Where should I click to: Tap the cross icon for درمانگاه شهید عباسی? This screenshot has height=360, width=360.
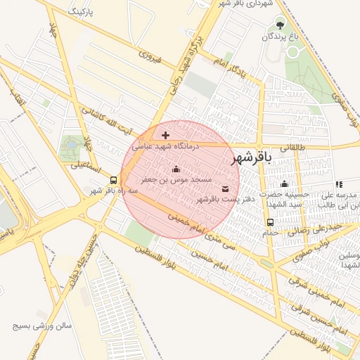click(x=165, y=135)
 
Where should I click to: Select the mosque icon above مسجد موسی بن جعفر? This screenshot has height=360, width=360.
click(x=176, y=169)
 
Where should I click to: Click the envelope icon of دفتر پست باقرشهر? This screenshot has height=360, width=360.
click(x=225, y=188)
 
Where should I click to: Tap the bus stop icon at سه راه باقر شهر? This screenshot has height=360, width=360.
click(x=113, y=180)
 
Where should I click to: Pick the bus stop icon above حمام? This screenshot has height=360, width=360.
click(x=271, y=222)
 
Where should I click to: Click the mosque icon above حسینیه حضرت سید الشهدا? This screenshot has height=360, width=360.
click(x=284, y=184)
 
